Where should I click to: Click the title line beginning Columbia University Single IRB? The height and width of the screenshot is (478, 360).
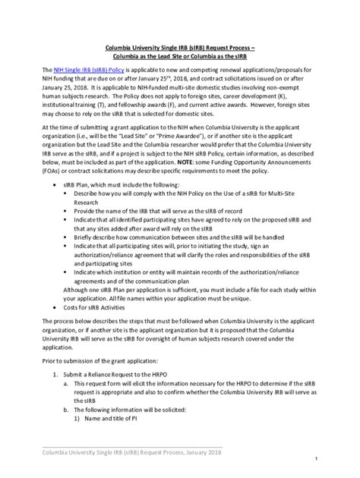coord(179,46)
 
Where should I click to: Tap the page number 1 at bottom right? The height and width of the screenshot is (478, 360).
coord(336,460)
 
